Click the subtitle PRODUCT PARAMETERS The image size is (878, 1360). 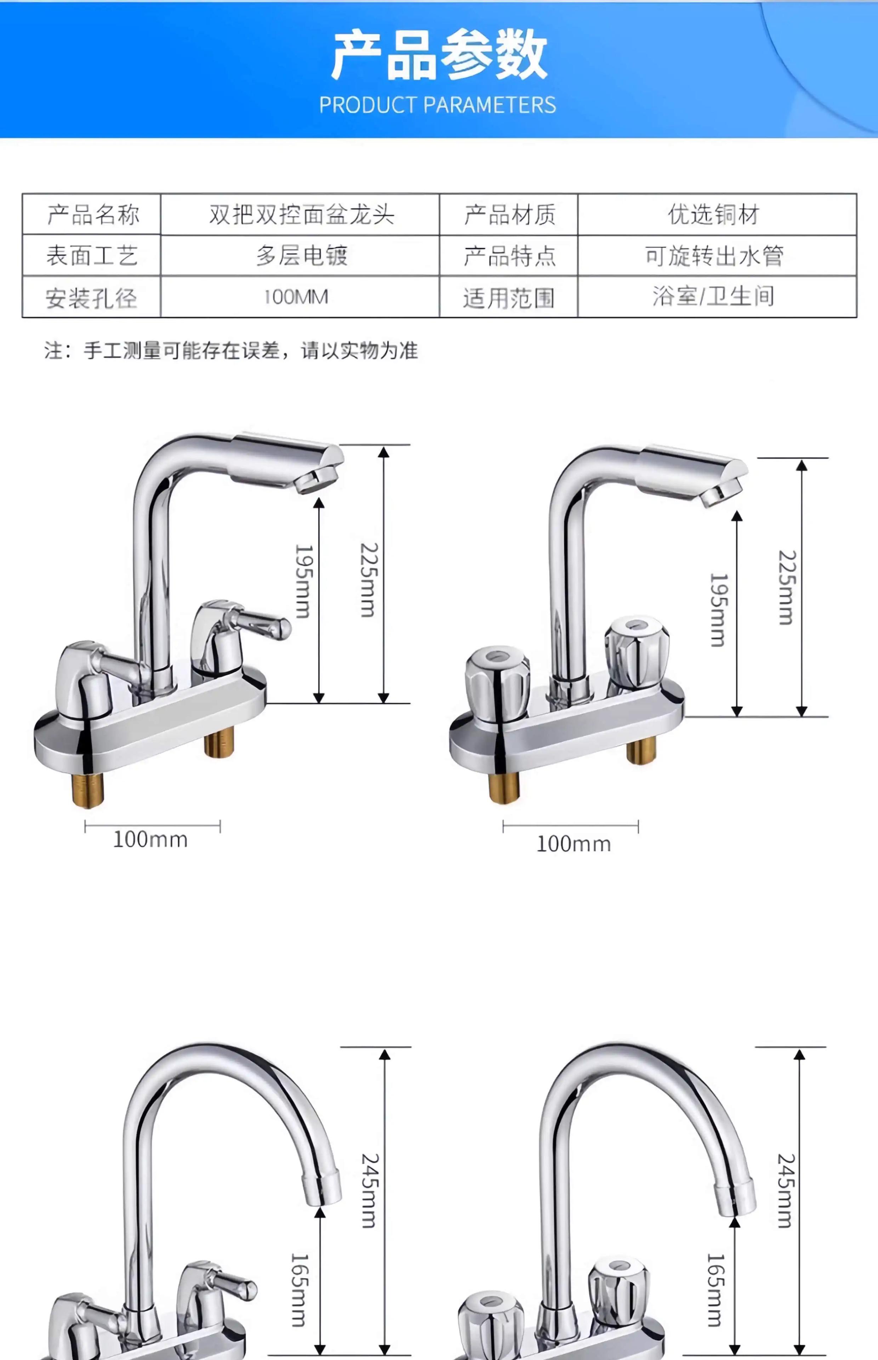437,105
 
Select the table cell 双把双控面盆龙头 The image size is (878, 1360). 301,214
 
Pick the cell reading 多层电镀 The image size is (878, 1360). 301,255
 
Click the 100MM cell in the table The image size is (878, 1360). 296,296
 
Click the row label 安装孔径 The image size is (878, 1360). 91,297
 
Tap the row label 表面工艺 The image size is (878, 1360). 91,255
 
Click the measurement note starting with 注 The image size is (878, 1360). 231,350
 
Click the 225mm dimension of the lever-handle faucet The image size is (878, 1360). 368,579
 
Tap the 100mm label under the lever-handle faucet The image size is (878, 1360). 150,839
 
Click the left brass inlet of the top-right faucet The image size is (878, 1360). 504,787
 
